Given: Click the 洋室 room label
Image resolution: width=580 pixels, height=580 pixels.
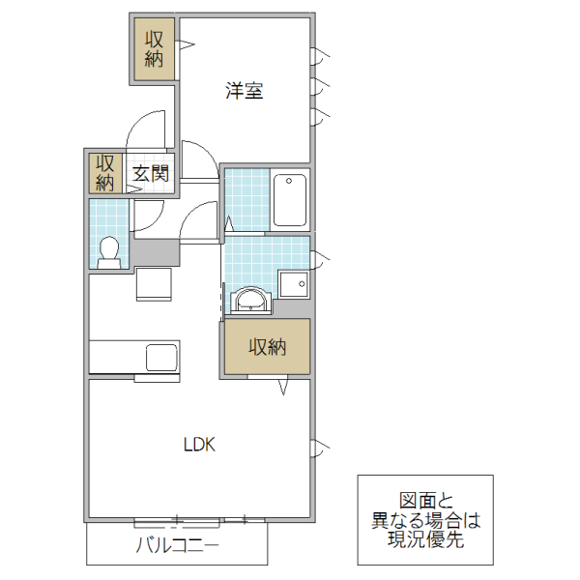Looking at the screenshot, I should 246,92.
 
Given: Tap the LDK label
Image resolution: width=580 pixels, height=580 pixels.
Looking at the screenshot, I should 199,445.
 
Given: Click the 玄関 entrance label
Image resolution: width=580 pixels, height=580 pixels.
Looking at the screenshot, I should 151,174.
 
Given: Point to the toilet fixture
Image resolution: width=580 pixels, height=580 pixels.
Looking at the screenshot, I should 109,250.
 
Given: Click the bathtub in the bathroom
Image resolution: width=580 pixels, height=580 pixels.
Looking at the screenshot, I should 289,200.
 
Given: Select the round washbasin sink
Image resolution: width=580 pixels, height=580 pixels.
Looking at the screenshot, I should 250,301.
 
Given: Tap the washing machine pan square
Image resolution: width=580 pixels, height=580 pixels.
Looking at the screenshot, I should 293,283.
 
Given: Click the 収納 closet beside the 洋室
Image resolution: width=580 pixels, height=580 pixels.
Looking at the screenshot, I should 154,48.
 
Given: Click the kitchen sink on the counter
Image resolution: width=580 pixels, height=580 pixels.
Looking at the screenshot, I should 161,357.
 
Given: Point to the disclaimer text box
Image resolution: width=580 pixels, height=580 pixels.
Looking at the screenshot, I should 425,520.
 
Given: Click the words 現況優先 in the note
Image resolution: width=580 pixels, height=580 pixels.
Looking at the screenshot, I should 425,540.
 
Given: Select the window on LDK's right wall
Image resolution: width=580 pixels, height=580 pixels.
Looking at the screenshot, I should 318,447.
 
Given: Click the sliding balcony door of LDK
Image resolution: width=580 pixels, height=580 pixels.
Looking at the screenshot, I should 199,521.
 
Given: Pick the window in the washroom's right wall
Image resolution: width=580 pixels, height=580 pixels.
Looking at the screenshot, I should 318,258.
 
